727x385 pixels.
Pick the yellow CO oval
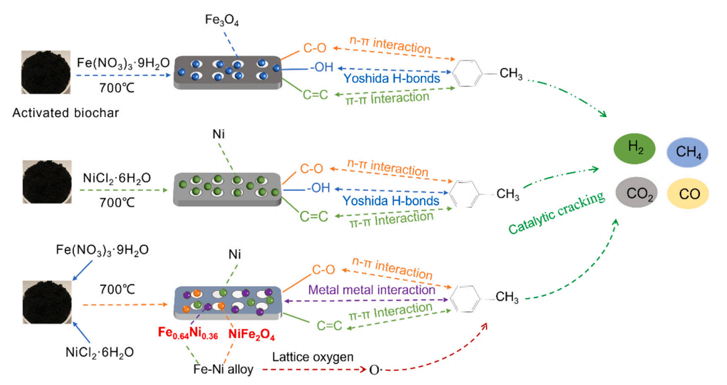[689, 195]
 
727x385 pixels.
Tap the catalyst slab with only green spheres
[228, 186]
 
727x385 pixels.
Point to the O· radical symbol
[374, 370]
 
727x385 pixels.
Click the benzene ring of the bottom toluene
[466, 297]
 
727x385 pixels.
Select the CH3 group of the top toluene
[510, 75]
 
